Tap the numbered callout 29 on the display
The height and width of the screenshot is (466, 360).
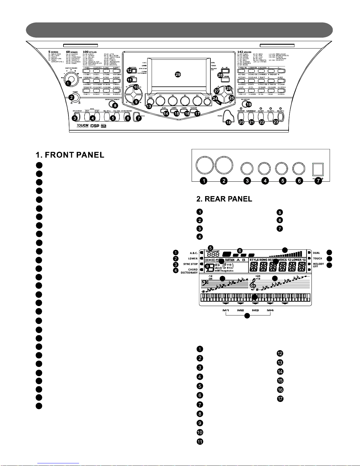pos(178,74)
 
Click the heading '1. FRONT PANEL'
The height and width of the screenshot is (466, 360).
pos(70,155)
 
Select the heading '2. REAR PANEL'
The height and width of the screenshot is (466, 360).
pos(224,199)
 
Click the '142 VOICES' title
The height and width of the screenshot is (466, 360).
pos(244,52)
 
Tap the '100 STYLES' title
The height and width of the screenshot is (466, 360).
pos(90,52)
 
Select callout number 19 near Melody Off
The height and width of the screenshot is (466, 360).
pos(249,104)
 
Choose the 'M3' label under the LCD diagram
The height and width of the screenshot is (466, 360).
pos(255,310)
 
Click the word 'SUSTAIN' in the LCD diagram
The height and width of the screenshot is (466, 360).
pos(230,260)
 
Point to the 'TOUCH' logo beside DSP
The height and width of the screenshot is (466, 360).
pos(82,126)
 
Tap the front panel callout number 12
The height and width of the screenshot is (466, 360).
pos(130,71)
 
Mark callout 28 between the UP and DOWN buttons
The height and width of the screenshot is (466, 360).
pos(220,75)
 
